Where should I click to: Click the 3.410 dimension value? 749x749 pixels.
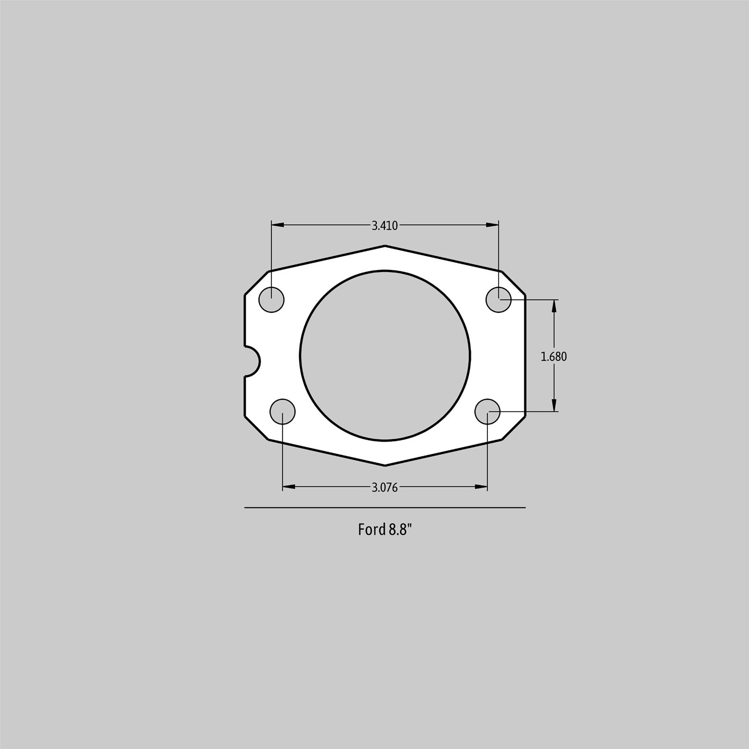[x=384, y=226]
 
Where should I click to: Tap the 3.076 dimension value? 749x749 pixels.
[x=384, y=488]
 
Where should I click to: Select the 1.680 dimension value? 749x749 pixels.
[x=554, y=357]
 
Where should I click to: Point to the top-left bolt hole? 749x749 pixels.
[x=272, y=299]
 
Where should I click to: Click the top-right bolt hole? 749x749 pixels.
[x=499, y=299]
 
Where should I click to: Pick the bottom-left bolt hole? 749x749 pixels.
[x=283, y=411]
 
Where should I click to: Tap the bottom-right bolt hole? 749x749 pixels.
[x=487, y=411]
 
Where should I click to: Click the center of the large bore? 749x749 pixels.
[x=385, y=355]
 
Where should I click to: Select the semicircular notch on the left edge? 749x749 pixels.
[x=252, y=360]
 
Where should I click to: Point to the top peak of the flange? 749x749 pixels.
[x=385, y=246]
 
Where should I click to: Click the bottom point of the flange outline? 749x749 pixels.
[x=385, y=465]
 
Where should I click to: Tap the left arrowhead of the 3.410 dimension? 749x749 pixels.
[x=278, y=225]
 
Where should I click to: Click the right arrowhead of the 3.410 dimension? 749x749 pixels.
[x=492, y=225]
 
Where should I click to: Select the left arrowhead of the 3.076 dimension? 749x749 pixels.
[x=289, y=487]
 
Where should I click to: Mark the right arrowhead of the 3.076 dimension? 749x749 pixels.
[x=481, y=487]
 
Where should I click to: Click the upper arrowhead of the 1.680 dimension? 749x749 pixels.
[x=554, y=305]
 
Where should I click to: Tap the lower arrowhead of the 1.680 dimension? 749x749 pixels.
[x=554, y=405]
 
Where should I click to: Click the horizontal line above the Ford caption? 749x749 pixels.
[x=385, y=507]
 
